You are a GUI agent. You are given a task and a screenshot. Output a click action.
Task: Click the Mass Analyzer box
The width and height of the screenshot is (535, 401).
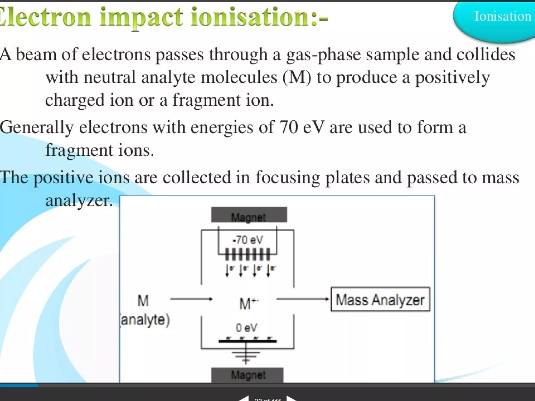point(380,299)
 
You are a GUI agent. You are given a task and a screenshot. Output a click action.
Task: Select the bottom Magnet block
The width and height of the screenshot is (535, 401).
point(247,375)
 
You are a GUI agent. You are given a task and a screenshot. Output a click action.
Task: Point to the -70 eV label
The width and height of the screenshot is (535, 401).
point(247,240)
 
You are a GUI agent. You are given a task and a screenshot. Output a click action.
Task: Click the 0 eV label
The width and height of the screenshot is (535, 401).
point(246,328)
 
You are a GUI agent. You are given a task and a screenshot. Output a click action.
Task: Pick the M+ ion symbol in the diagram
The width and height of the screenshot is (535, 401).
point(248,303)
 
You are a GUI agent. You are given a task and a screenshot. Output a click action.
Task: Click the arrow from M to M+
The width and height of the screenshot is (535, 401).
point(191,299)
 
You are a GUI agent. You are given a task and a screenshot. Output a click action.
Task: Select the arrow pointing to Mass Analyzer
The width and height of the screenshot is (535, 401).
point(302,299)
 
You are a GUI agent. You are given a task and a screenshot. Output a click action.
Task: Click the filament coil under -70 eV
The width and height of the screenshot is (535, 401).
point(247,255)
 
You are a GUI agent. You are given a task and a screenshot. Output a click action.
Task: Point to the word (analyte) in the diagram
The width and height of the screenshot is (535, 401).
point(145,320)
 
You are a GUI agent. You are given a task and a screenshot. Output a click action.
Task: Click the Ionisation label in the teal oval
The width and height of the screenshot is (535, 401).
point(502,16)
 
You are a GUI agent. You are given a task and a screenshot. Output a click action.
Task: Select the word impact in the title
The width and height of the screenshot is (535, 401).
point(141,17)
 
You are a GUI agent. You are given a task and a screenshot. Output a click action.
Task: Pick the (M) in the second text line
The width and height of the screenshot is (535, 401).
point(297,78)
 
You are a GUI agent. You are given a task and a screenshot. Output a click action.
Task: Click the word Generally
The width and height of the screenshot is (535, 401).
point(37,128)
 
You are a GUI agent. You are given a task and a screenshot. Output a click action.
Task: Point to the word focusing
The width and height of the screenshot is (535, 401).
point(288,178)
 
